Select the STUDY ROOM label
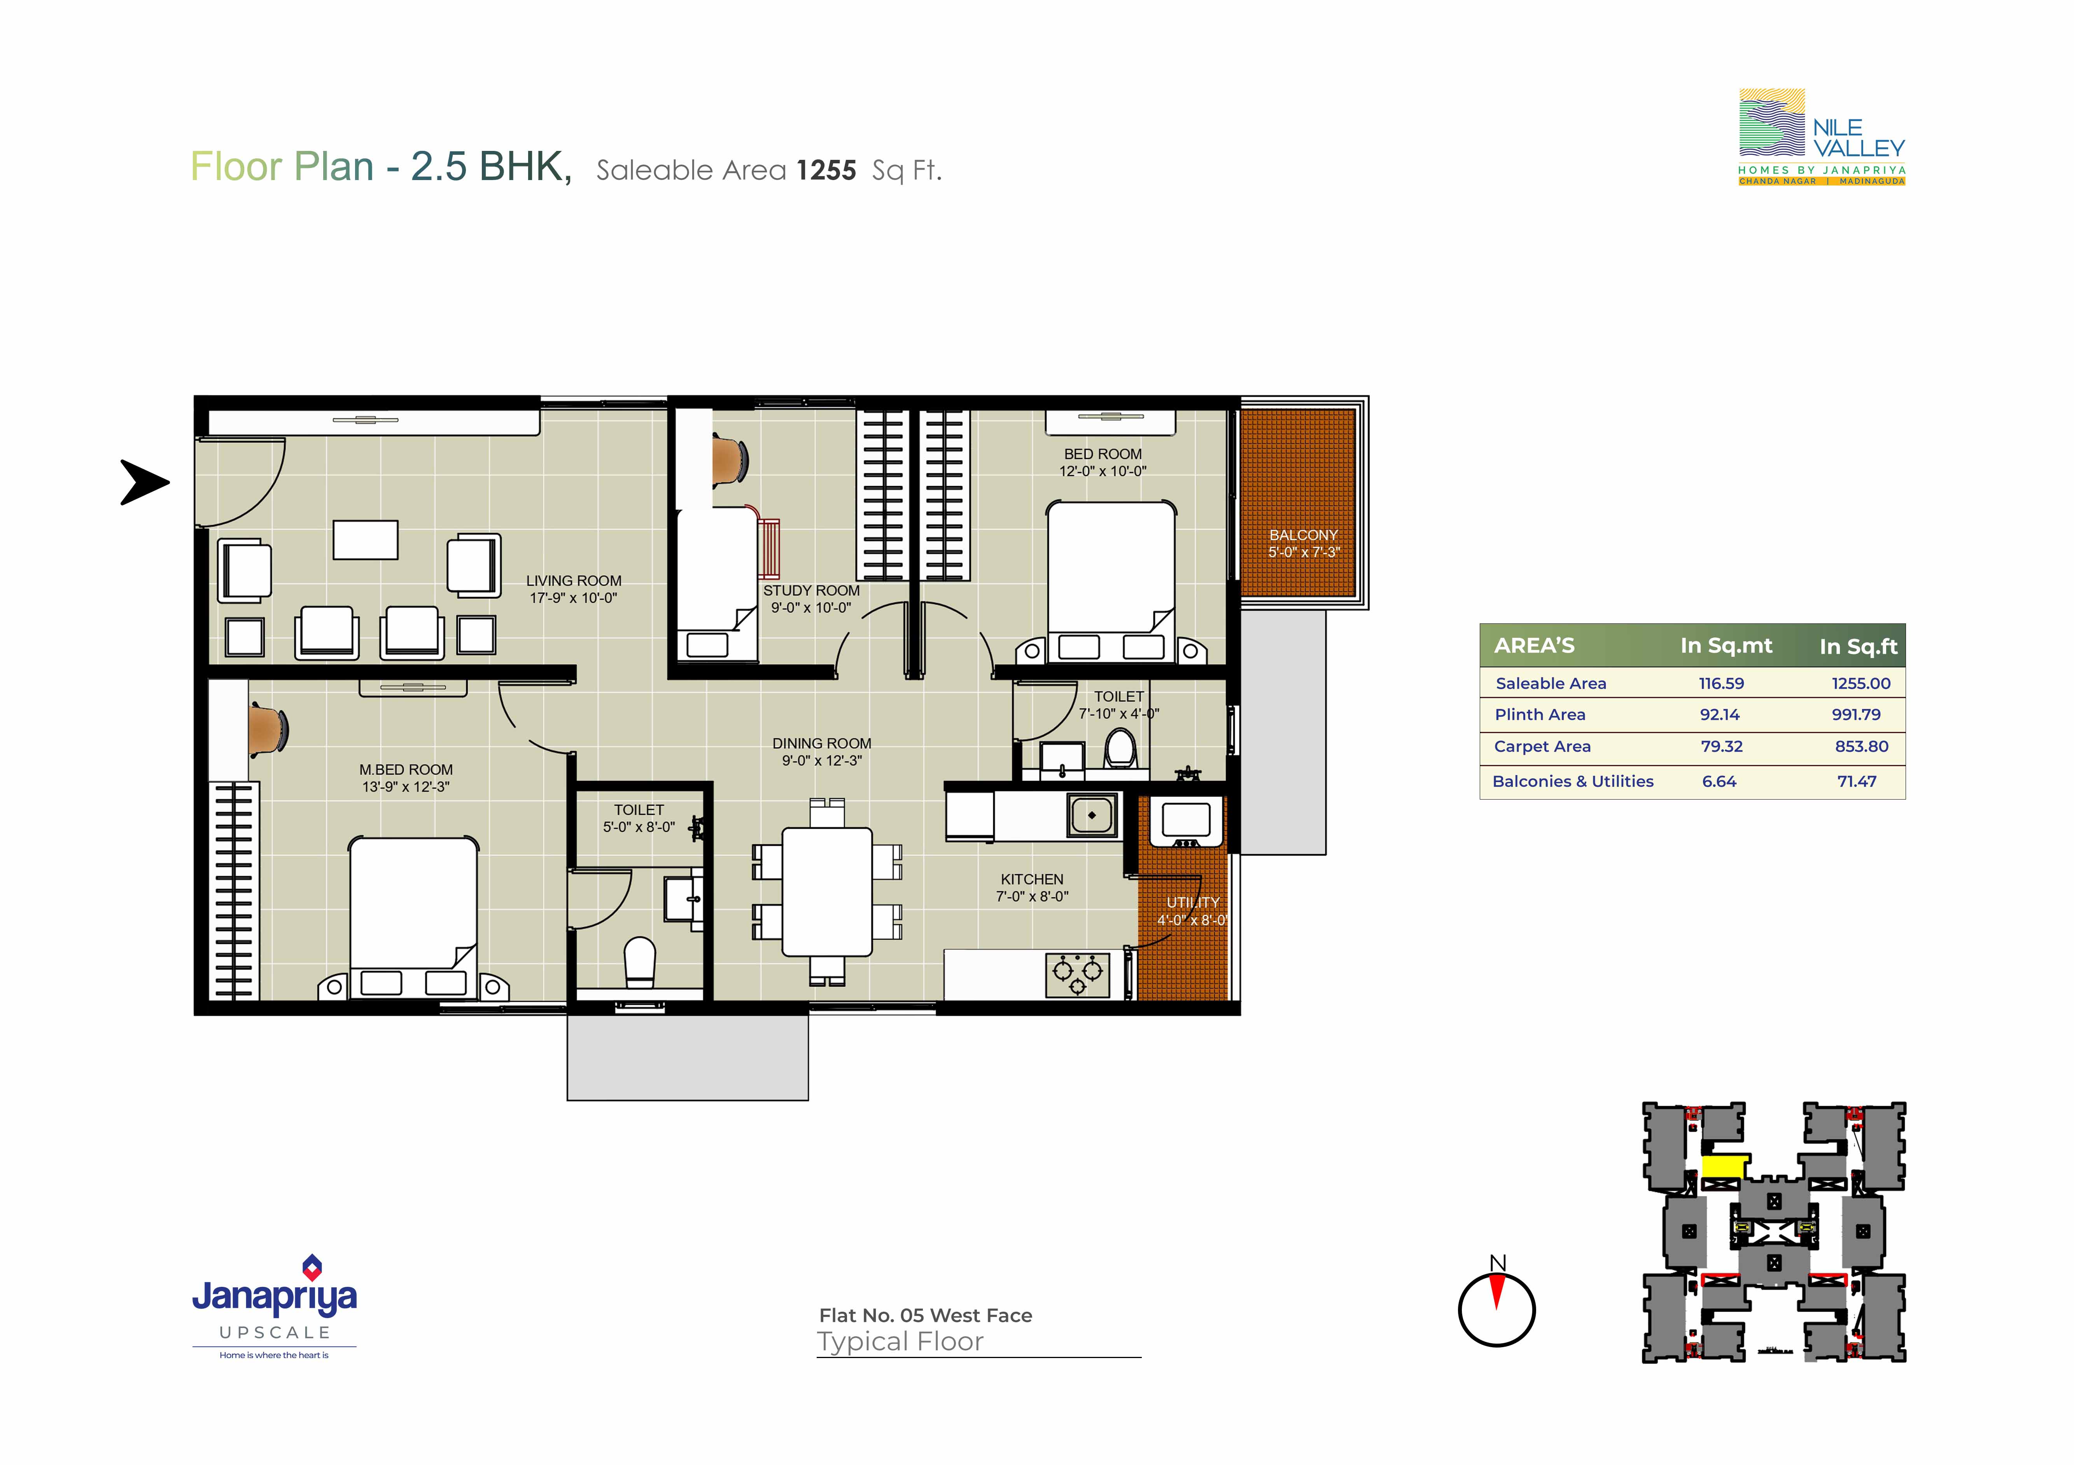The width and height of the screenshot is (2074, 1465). click(x=811, y=591)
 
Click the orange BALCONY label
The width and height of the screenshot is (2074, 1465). click(x=1304, y=535)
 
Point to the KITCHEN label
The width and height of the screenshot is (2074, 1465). click(x=1032, y=879)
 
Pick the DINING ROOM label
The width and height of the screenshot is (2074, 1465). click(x=822, y=743)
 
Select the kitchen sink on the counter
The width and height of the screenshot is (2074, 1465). click(x=1092, y=815)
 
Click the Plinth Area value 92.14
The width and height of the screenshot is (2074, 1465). click(x=1720, y=714)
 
